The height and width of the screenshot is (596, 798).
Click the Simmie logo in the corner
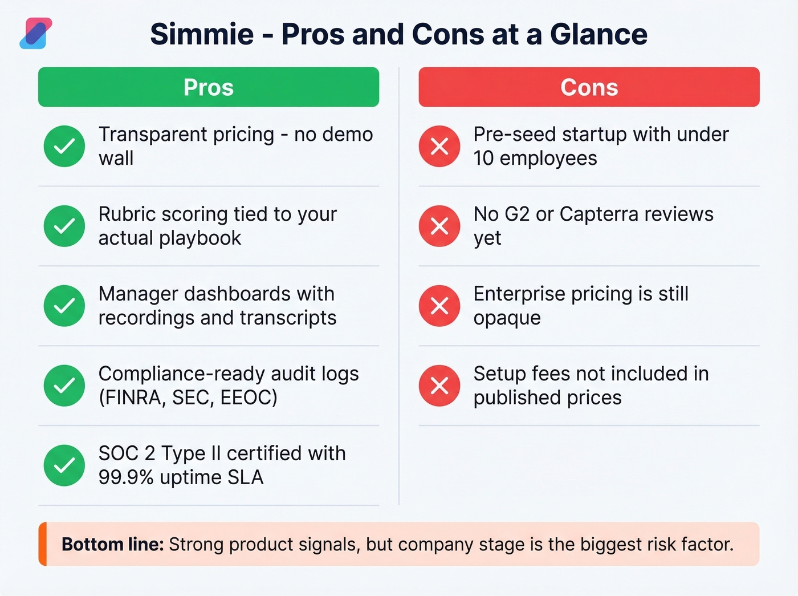click(36, 33)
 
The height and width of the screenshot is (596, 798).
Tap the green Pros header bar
click(209, 87)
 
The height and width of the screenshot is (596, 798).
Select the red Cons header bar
click(589, 87)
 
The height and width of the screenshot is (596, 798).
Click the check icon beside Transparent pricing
click(64, 146)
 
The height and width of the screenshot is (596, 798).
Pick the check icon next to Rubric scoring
click(64, 226)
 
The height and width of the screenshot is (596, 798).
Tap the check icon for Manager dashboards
click(64, 306)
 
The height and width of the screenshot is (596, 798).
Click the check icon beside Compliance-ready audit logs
click(64, 386)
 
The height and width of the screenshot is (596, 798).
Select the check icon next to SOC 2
click(64, 465)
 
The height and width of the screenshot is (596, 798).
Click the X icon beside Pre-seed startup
click(439, 146)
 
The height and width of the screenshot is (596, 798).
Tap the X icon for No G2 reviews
click(439, 226)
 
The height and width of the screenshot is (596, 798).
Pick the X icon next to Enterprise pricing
click(439, 306)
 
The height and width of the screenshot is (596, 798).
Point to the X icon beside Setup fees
click(439, 386)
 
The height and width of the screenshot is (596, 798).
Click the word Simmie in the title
click(202, 34)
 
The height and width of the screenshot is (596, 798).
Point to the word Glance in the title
click(598, 34)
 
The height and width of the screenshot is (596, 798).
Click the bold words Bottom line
click(112, 544)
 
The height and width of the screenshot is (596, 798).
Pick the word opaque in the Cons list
click(507, 318)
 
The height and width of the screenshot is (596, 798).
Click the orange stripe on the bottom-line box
click(42, 544)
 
